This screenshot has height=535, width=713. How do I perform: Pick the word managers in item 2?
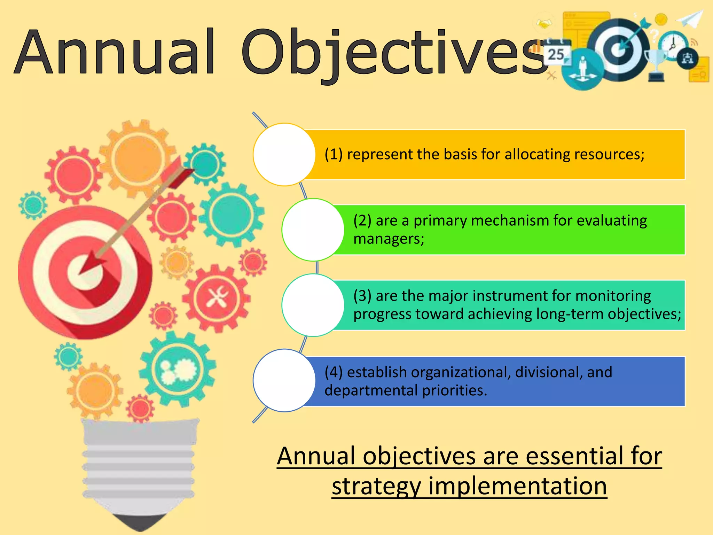pyautogui.click(x=389, y=239)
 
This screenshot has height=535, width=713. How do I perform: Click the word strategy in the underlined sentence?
pyautogui.click(x=376, y=486)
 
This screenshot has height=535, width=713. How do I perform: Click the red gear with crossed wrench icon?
pyautogui.click(x=217, y=298)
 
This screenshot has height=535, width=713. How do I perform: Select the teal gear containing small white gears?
pyautogui.click(x=178, y=369)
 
